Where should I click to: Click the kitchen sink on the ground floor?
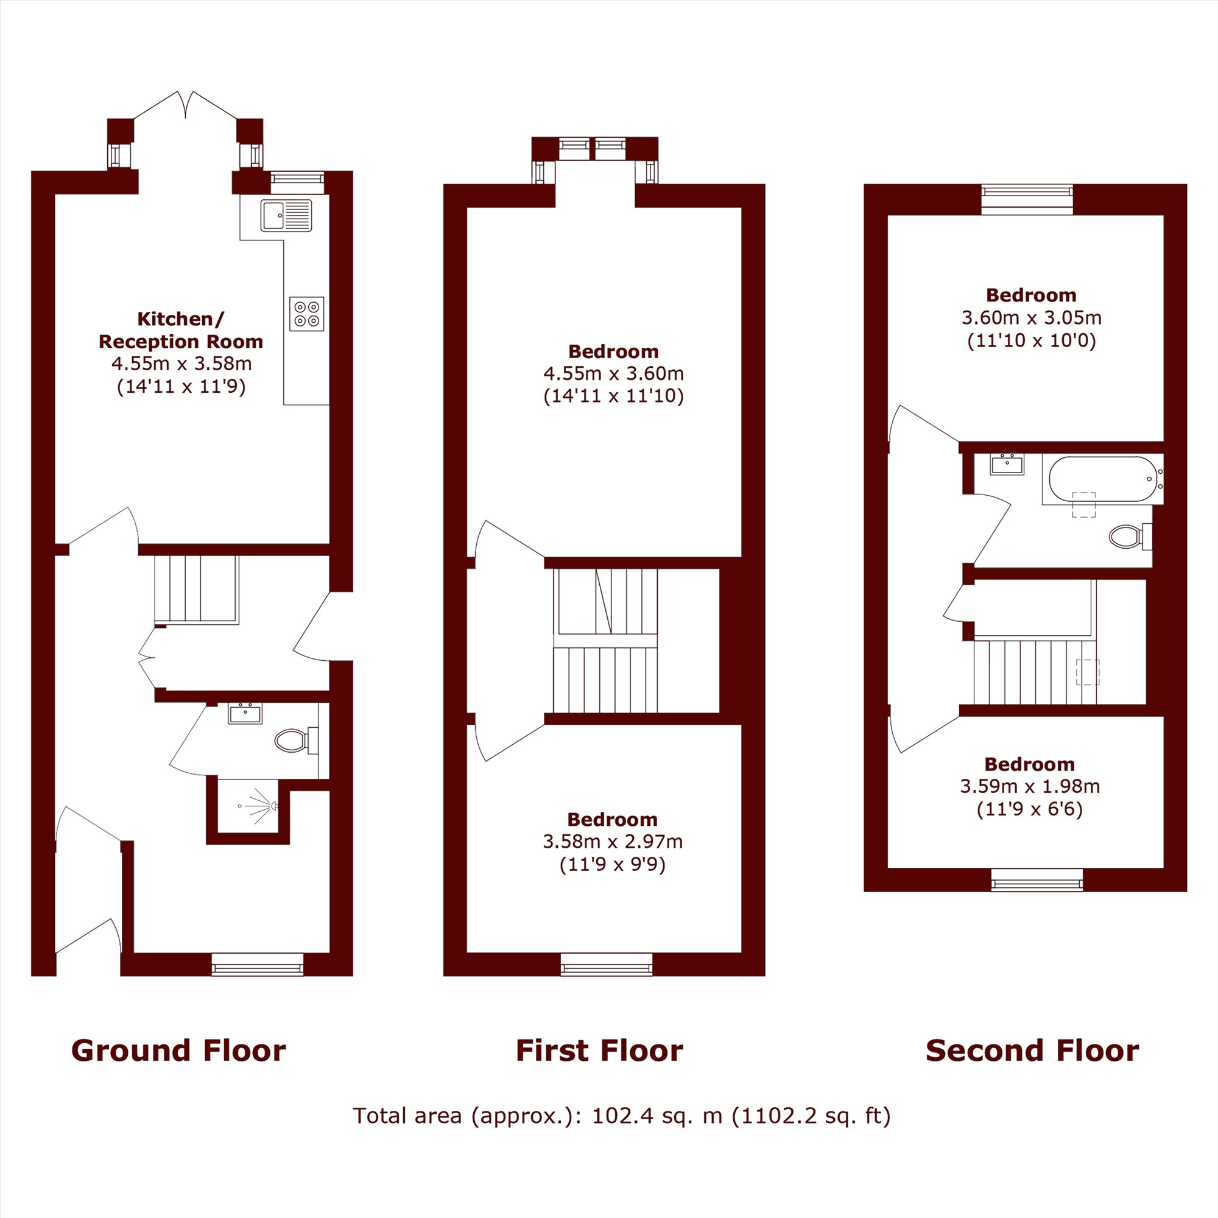click(x=286, y=216)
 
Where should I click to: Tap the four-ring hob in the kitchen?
click(x=306, y=313)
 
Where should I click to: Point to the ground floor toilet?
click(x=297, y=740)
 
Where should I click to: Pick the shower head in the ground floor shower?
click(x=273, y=806)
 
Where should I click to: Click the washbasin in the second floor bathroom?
click(x=1007, y=464)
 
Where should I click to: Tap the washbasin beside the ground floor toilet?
click(x=245, y=714)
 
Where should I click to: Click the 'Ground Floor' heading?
click(x=178, y=1051)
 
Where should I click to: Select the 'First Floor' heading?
click(x=599, y=1051)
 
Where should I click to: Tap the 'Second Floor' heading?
click(x=1032, y=1051)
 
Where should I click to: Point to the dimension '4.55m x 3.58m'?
click(x=181, y=364)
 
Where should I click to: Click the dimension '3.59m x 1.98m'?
click(x=1029, y=786)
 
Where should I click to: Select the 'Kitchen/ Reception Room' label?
click(x=180, y=329)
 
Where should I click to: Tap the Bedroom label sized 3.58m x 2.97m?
click(x=612, y=820)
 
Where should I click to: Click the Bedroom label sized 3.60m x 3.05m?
click(x=1031, y=295)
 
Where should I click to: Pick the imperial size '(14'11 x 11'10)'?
click(x=613, y=396)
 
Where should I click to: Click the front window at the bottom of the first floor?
click(x=607, y=964)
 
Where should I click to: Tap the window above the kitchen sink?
click(x=297, y=181)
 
